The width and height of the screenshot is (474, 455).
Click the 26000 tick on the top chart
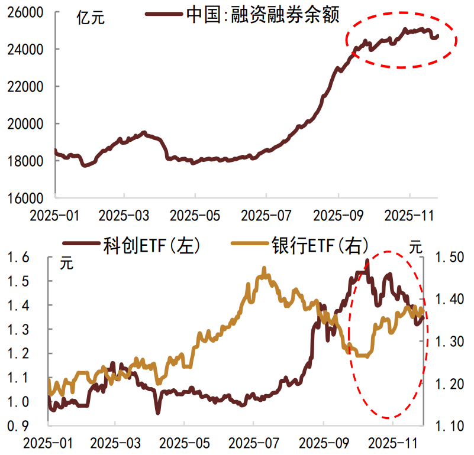tap(27, 12)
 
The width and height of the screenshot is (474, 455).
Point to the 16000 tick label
tap(27, 197)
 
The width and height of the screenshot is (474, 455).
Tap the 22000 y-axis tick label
tap(27, 86)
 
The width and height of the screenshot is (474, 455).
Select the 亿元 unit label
tap(91, 18)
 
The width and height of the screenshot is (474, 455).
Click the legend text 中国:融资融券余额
tap(263, 15)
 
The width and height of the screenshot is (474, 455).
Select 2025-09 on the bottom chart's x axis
tap(323, 441)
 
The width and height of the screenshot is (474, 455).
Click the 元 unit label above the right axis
tap(417, 248)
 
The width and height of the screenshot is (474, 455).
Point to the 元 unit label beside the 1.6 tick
tap(67, 264)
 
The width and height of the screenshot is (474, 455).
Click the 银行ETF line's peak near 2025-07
tap(264, 269)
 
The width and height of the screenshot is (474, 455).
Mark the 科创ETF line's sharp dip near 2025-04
tap(157, 412)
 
